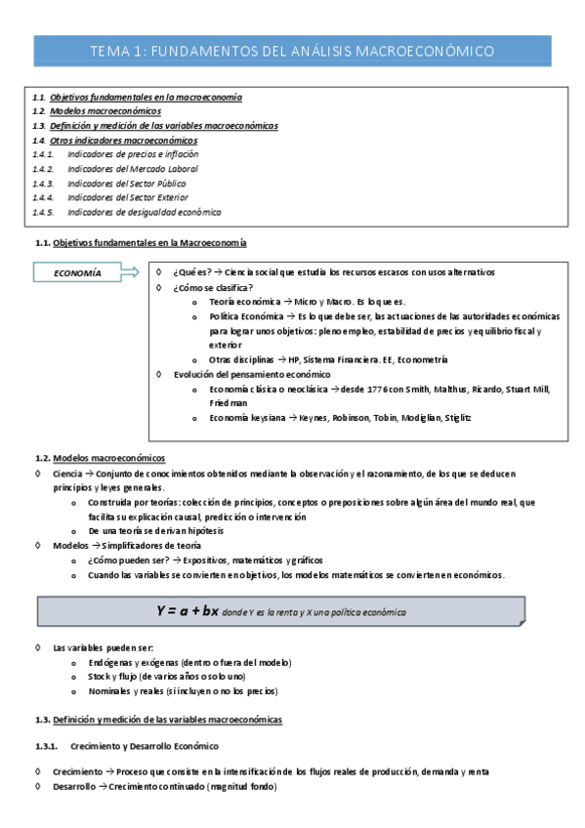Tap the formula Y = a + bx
point(188,611)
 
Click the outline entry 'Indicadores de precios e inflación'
point(133,154)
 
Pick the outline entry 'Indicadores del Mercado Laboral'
point(130,169)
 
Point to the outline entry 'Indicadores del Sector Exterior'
point(128,197)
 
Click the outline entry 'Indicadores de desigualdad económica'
point(144,212)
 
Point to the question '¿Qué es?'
point(190,272)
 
